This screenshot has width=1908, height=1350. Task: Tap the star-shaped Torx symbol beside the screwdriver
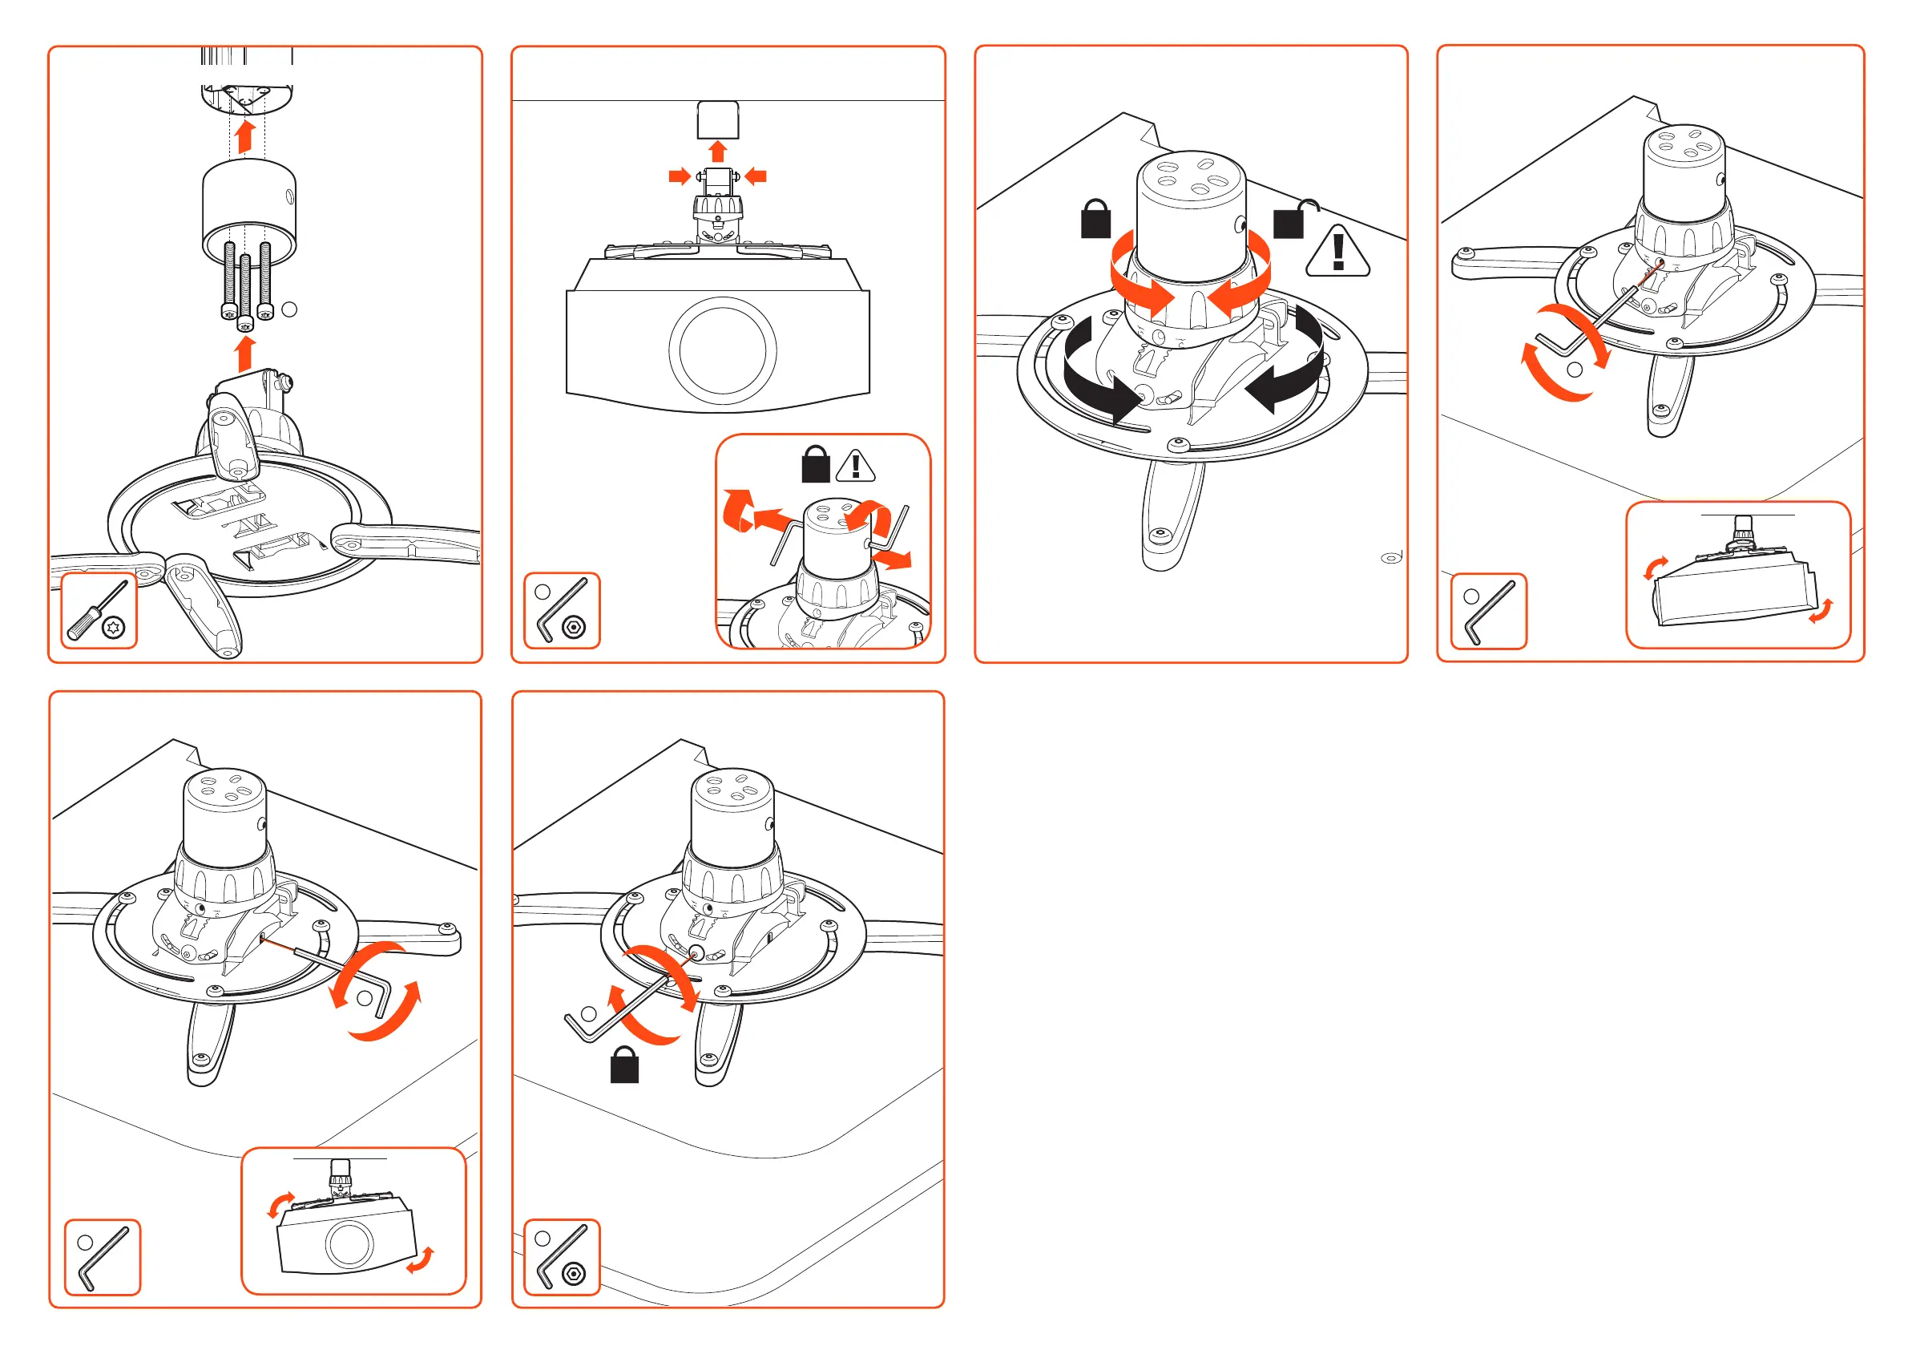[114, 629]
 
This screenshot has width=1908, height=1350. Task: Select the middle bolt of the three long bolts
[245, 291]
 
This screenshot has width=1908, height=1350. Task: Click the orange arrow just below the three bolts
[244, 353]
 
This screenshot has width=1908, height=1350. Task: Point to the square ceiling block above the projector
[717, 119]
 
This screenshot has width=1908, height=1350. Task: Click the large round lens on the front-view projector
[722, 350]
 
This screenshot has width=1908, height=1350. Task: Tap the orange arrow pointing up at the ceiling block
[718, 151]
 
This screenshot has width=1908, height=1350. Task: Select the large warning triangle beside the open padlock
[1337, 252]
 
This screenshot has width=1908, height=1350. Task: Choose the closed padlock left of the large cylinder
[1096, 220]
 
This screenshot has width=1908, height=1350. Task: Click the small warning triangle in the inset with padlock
[855, 467]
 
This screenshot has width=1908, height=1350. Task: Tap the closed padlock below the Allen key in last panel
[624, 1065]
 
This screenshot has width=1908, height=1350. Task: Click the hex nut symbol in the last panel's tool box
[574, 1274]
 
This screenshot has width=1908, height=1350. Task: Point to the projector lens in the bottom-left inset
[349, 1243]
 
